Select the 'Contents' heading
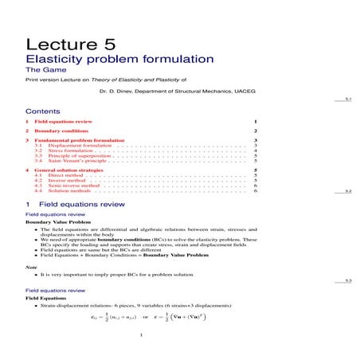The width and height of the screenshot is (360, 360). click(43, 112)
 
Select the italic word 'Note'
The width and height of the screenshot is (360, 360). click(31, 266)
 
